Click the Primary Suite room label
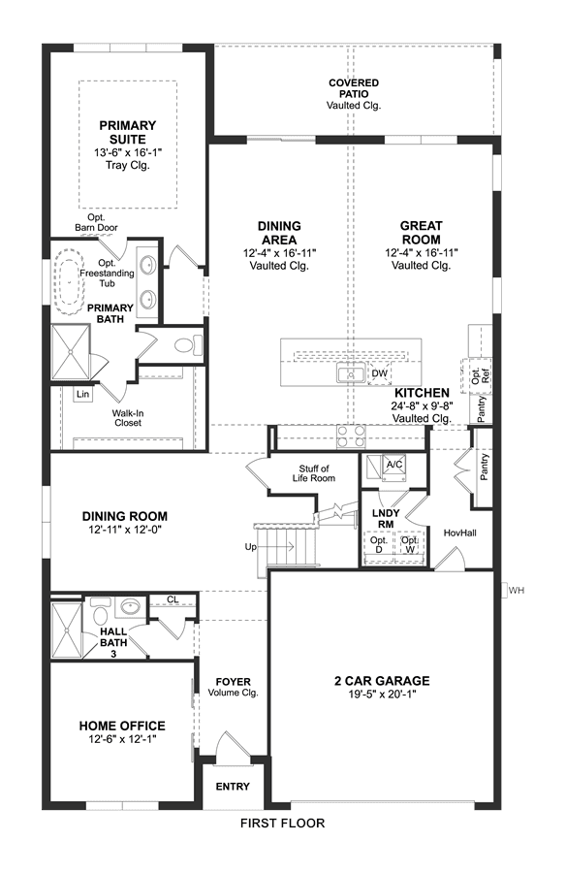(128, 133)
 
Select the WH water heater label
(517, 590)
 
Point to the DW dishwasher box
(379, 373)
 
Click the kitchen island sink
(351, 372)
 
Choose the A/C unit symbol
(394, 467)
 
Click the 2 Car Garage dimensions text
(383, 695)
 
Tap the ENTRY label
(233, 786)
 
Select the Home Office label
(122, 726)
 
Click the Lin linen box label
(83, 394)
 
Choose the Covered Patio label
(354, 88)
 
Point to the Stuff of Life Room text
(314, 473)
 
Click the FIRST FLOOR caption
(283, 823)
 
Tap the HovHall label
(459, 533)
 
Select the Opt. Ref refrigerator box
(478, 375)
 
